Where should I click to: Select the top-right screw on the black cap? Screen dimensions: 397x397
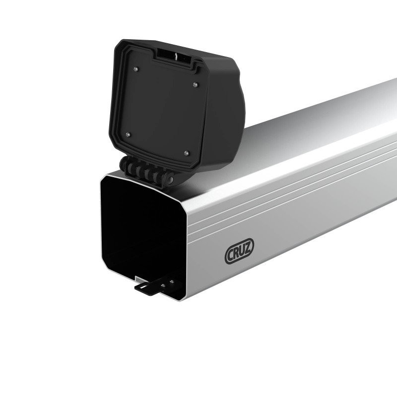click(x=196, y=84)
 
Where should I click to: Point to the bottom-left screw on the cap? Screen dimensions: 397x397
click(x=128, y=134)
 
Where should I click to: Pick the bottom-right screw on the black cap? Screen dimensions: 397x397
click(x=187, y=153)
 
